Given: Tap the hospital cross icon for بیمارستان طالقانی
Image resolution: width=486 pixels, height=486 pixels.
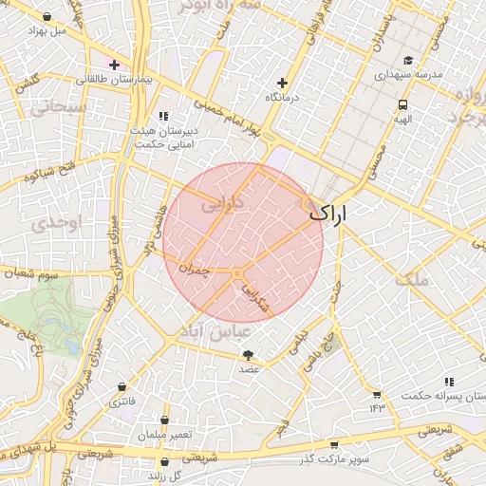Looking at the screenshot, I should pyautogui.click(x=114, y=65).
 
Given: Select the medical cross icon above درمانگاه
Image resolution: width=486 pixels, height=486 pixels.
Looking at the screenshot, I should pyautogui.click(x=281, y=83).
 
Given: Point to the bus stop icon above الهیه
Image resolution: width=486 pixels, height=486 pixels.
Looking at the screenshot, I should pyautogui.click(x=402, y=105).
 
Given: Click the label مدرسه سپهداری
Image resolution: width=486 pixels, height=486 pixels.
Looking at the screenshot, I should pyautogui.click(x=408, y=73).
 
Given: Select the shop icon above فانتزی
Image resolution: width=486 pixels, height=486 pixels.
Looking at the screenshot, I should pyautogui.click(x=122, y=387).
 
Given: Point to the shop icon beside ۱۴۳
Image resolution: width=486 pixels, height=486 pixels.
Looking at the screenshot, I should pyautogui.click(x=377, y=394).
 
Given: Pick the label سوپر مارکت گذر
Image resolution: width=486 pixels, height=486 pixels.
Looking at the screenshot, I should pyautogui.click(x=333, y=458).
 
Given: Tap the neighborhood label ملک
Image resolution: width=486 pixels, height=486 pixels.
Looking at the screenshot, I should pyautogui.click(x=415, y=278).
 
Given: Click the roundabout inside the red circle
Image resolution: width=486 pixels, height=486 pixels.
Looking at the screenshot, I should pyautogui.click(x=235, y=273).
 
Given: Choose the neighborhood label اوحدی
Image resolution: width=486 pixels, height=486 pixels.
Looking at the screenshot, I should pyautogui.click(x=45, y=225).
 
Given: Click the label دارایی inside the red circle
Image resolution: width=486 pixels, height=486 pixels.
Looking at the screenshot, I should pyautogui.click(x=224, y=201).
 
